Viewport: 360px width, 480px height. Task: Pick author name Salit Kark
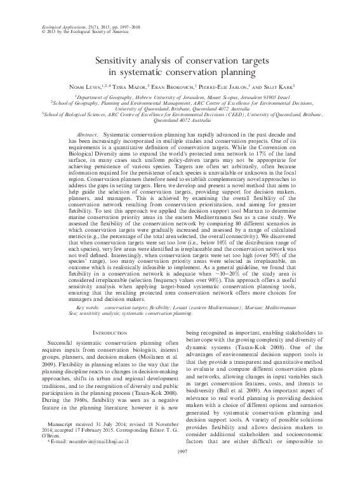click(x=287, y=84)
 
